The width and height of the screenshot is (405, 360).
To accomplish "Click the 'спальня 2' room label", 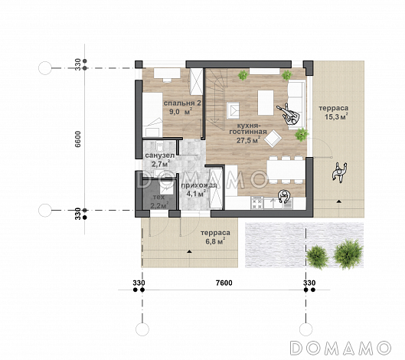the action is [182, 103].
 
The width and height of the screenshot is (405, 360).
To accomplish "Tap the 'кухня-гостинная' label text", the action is [248, 129].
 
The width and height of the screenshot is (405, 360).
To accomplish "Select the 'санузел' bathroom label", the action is [156, 155].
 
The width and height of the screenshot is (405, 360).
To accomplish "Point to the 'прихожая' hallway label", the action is [198, 185].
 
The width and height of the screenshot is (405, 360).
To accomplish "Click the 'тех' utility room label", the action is [158, 197].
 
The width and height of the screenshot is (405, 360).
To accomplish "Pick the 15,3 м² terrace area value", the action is [336, 117].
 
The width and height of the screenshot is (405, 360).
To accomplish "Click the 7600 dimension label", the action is [224, 283].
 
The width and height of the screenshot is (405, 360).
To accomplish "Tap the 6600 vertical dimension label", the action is [78, 139].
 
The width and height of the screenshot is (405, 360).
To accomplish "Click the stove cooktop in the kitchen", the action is [257, 203].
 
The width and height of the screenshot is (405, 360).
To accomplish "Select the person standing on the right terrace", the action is [339, 172].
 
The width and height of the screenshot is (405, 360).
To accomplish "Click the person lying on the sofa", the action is [289, 114].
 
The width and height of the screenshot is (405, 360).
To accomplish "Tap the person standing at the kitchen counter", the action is [284, 196].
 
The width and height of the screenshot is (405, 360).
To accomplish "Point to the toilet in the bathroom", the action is [159, 146].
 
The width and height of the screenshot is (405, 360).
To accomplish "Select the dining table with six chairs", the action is [286, 169].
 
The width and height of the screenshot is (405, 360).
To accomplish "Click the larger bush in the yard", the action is [348, 254].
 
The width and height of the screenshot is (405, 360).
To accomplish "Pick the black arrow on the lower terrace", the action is [190, 251].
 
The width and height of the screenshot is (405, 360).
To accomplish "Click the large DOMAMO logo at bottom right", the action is [341, 348].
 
